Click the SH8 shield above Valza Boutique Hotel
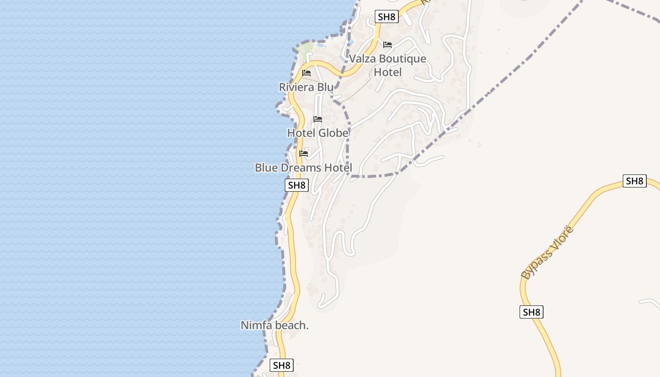[x=387, y=17]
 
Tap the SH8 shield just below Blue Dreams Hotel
[x=297, y=185]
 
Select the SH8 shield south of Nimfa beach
[x=281, y=365]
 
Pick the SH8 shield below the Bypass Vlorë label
[x=531, y=312]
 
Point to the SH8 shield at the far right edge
[x=634, y=181]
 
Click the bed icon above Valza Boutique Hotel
[x=388, y=45]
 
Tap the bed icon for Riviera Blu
[x=306, y=73]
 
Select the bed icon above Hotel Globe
[x=318, y=119]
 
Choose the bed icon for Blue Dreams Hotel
[x=304, y=154]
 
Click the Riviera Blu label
[x=306, y=87]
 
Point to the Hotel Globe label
[x=318, y=133]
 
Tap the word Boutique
[x=403, y=59]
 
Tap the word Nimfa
[x=256, y=325]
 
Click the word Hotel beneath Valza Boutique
[x=388, y=72]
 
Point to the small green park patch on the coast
[x=306, y=48]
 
